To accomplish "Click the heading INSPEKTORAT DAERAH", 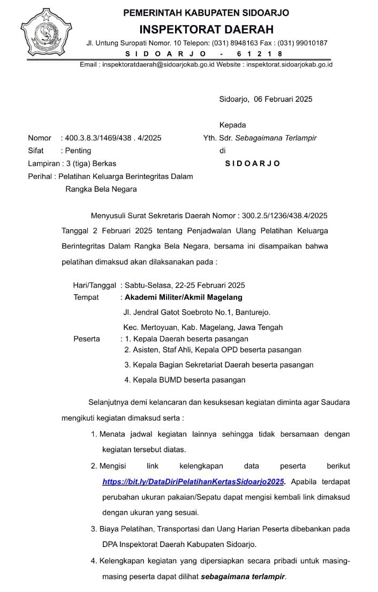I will coord(207,29).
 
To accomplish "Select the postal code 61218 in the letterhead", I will coord(260,54).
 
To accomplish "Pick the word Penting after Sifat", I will coord(78,151).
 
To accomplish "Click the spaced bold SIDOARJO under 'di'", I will coord(252,163).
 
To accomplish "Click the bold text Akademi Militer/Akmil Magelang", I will coord(183,297).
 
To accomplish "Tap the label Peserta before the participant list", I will coord(86,339).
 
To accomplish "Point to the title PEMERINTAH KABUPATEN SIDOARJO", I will coord(206,12).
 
